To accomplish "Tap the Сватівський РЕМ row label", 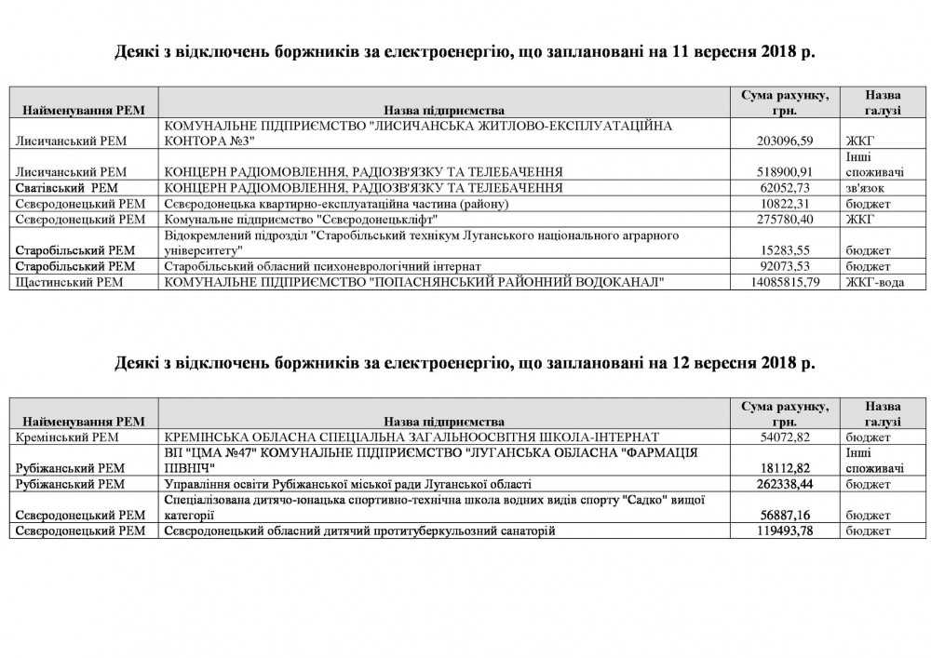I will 59,188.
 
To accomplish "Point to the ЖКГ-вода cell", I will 874,282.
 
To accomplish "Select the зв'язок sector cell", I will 867,188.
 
